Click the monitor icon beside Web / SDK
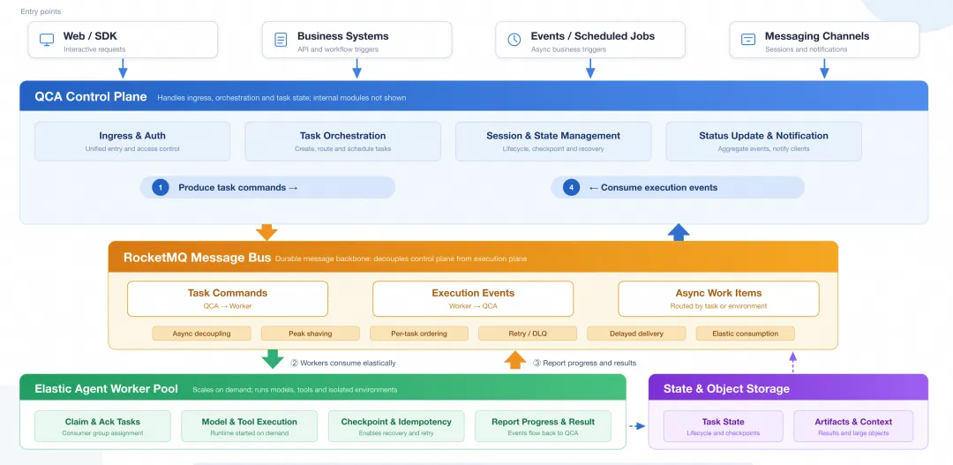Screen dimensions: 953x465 point(47,40)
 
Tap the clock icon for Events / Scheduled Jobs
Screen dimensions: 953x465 point(514,40)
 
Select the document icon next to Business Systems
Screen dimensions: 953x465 point(281,40)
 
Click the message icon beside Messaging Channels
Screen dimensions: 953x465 point(748,40)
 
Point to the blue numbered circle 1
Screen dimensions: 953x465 point(161,188)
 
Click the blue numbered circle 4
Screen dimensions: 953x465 point(571,188)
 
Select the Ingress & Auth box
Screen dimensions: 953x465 point(132,142)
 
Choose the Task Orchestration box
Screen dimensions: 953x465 point(342,142)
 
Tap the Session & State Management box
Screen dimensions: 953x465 point(553,142)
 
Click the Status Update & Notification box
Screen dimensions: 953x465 point(763,142)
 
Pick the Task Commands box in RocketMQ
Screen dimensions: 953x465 point(228,298)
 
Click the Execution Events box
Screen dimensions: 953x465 point(473,298)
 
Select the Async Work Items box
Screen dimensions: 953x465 point(718,298)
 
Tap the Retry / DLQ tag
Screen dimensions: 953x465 point(528,334)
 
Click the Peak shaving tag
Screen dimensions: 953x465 point(311,334)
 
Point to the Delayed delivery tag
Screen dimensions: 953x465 point(636,334)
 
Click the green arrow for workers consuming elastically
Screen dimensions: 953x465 point(273,358)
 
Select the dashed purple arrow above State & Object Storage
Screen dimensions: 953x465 point(792,363)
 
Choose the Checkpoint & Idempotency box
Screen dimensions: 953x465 point(396,426)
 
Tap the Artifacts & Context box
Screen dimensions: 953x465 point(853,426)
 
